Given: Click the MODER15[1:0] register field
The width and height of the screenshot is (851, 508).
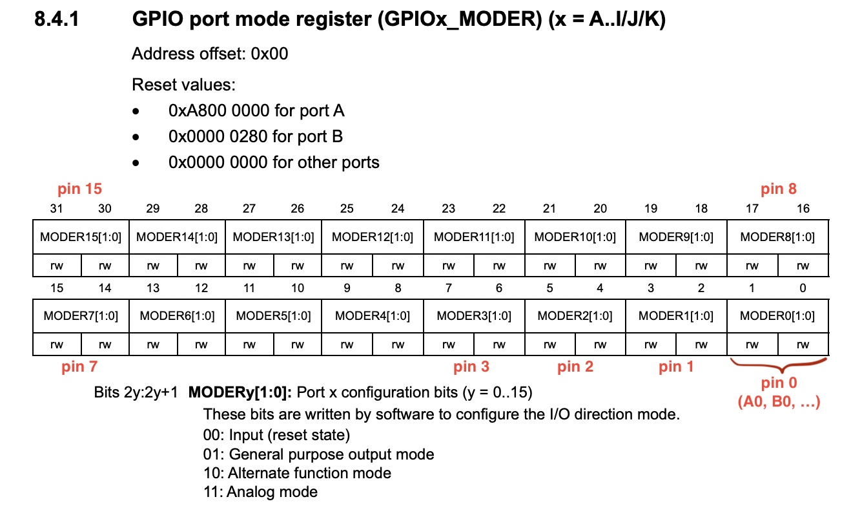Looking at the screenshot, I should (x=81, y=237).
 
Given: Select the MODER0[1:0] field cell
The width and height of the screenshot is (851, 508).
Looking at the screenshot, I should (x=777, y=316).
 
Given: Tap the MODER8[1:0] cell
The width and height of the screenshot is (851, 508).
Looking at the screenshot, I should (x=777, y=237).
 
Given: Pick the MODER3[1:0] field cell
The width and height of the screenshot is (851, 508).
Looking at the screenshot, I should (x=474, y=316).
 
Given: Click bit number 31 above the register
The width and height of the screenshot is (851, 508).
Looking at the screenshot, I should (x=57, y=209).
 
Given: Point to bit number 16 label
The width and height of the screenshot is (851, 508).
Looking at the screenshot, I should (x=803, y=209).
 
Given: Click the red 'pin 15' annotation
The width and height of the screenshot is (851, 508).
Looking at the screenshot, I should (x=80, y=189).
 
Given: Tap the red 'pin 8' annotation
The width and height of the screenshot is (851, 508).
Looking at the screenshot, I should (x=778, y=189).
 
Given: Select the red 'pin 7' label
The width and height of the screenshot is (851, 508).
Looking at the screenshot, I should (x=79, y=367).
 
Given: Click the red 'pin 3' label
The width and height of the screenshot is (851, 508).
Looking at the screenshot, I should (x=471, y=367).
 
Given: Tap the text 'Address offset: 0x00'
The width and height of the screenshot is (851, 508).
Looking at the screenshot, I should (x=210, y=54).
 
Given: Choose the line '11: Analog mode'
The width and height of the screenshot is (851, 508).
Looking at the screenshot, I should (x=260, y=492).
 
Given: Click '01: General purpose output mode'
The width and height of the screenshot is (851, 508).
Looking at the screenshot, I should (x=318, y=454).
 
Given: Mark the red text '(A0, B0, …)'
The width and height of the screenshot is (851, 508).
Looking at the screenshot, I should (x=778, y=402).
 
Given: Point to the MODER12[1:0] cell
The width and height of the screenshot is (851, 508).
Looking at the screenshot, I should (x=372, y=237).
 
